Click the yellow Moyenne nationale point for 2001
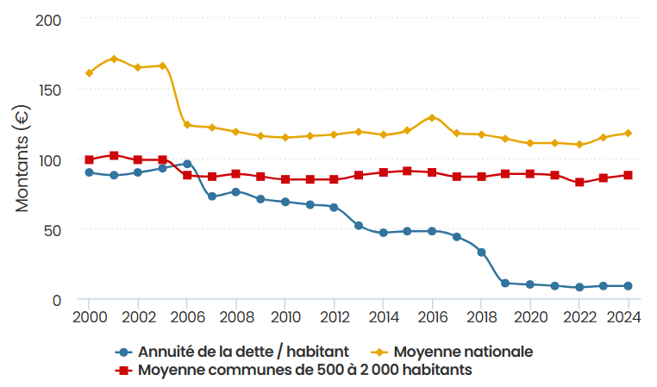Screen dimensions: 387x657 [x=114, y=59]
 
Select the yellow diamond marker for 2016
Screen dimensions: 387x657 [x=432, y=118]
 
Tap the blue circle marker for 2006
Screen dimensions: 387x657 [x=187, y=164]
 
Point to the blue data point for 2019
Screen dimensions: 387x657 [x=505, y=283]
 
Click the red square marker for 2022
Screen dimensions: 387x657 [x=579, y=182]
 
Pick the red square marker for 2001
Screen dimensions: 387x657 [x=114, y=155]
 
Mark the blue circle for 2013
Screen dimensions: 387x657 [x=359, y=226]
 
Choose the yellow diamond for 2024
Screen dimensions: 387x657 [x=629, y=133]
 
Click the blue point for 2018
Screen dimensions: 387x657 [x=481, y=252]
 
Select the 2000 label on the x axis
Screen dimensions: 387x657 [x=90, y=317]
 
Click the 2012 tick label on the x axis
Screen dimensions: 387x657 [x=335, y=317]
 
